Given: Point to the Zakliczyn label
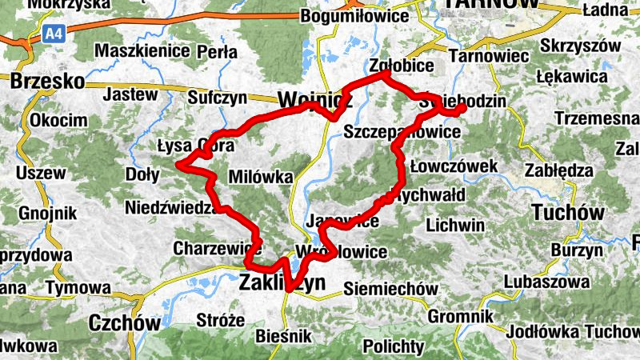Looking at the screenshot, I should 283,282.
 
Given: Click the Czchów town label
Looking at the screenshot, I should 126,322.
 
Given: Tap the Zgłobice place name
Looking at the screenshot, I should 402,66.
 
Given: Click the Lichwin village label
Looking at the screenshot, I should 455,225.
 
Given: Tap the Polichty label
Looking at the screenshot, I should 393,346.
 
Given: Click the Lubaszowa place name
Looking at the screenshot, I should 546,282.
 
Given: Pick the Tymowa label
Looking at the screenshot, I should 78,287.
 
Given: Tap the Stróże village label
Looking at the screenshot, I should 220,320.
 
